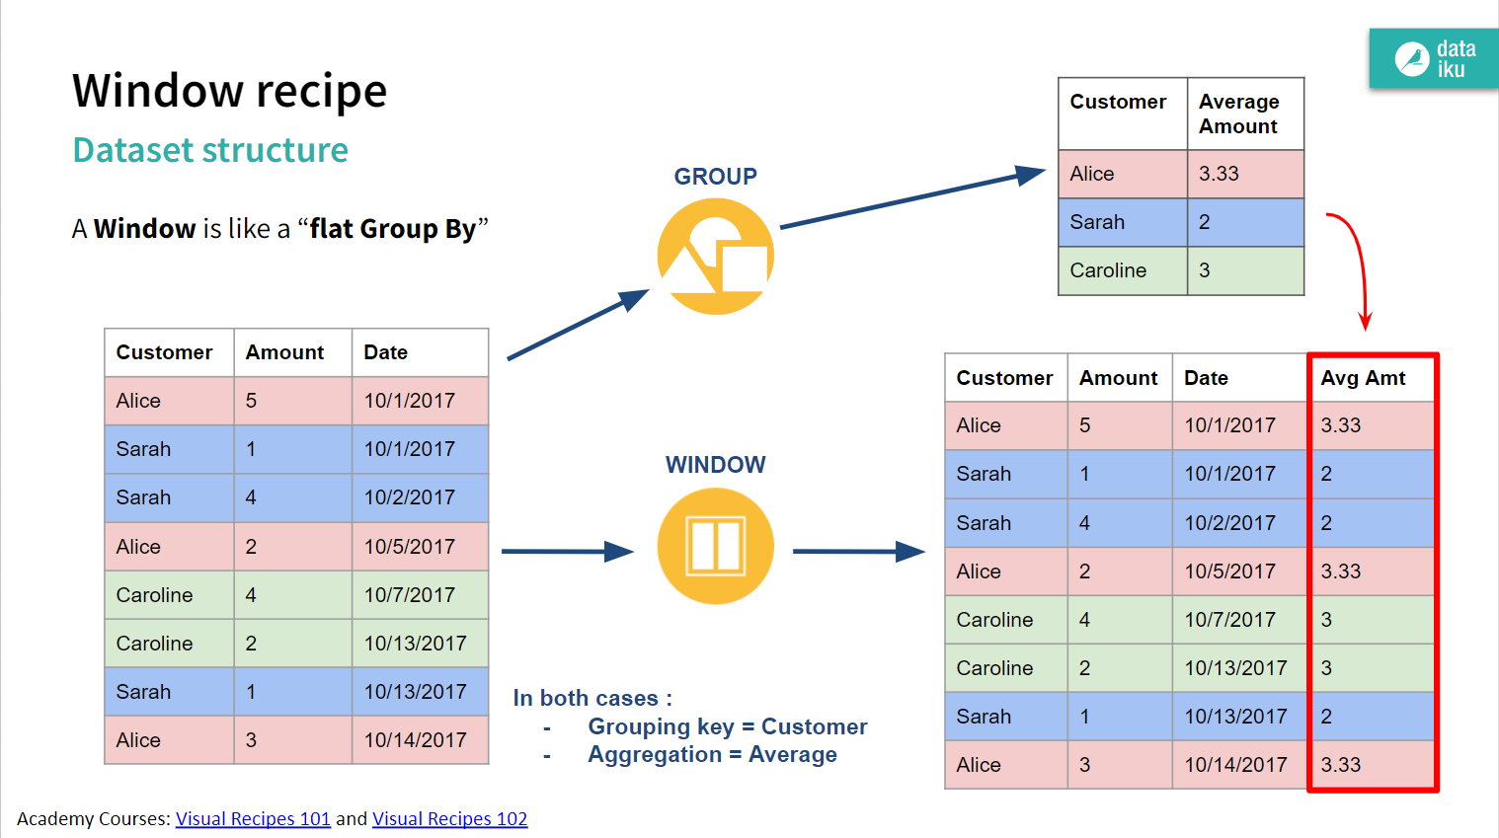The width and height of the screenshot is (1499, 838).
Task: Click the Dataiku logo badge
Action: pos(1434,58)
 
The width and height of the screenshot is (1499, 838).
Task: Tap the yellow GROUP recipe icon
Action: pos(715,257)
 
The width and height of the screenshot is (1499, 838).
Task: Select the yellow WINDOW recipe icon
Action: pos(715,546)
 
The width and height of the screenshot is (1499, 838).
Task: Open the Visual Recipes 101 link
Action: pos(253,818)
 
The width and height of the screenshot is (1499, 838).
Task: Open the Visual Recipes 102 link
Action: pos(449,818)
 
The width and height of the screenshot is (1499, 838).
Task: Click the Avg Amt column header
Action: pos(1363,378)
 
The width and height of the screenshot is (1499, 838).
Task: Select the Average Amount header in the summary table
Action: pos(1238,114)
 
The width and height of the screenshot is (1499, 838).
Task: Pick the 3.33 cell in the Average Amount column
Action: pos(1219,174)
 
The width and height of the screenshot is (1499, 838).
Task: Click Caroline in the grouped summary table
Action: pos(1108,270)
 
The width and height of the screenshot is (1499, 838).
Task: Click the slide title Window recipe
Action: pos(229,91)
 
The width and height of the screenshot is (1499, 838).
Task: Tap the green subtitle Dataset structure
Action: pos(210,150)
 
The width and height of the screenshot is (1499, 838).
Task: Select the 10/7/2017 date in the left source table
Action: pos(409,595)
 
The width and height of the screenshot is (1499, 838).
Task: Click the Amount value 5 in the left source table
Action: pos(251,401)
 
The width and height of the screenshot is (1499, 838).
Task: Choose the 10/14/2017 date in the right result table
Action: pos(1235,765)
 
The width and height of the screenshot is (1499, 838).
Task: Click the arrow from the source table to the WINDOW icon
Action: pos(567,551)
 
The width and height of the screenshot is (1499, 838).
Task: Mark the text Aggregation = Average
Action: pos(712,755)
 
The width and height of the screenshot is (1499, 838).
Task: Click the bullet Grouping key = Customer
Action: pos(727,727)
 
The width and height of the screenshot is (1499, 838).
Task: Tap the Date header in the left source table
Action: pos(385,352)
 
